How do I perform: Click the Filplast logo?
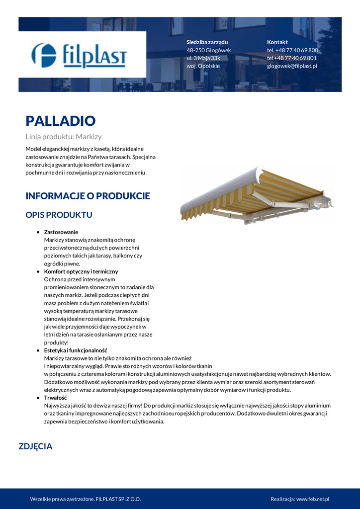[x=80, y=55]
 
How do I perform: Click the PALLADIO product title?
[x=60, y=121]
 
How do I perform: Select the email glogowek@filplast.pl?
[x=292, y=66]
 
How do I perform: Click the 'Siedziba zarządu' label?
[x=207, y=42]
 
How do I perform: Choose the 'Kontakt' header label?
[x=277, y=42]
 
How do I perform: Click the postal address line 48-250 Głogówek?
[x=208, y=50]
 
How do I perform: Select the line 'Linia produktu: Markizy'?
[x=64, y=136]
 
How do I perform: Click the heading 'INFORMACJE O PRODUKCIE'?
[x=88, y=196]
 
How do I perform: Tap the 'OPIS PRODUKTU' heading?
[x=59, y=215]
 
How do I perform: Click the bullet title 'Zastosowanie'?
[x=61, y=232]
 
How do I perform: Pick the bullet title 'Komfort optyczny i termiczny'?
[x=81, y=272]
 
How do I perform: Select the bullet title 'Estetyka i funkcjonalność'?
[x=75, y=350]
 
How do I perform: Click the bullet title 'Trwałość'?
[x=55, y=398]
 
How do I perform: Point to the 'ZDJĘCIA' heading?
[x=35, y=446]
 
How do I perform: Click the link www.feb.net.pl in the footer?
[x=313, y=499]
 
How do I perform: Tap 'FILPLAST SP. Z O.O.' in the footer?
[x=118, y=499]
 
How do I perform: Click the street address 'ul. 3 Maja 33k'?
[x=203, y=58]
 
